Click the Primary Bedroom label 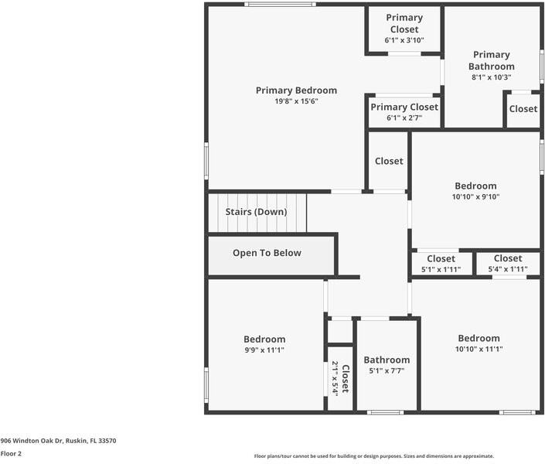click(297, 90)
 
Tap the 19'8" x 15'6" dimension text click(297, 101)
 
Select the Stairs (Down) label click(256, 212)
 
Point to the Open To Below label click(267, 253)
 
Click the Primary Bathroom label click(492, 60)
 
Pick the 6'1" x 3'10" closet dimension click(404, 40)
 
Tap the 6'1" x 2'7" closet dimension click(404, 118)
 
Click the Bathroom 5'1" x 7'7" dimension click(387, 370)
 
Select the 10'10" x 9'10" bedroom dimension click(475, 196)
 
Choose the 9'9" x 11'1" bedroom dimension click(264, 350)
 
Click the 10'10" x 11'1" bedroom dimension click(479, 349)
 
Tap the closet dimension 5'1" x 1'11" click(441, 269)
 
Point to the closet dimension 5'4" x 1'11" click(508, 269)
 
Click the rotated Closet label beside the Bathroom click(346, 379)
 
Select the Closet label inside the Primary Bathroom click(523, 109)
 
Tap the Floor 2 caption click(11, 454)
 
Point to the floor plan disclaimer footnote click(374, 456)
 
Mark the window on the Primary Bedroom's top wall click(280, 4)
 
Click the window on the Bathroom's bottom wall click(386, 412)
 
